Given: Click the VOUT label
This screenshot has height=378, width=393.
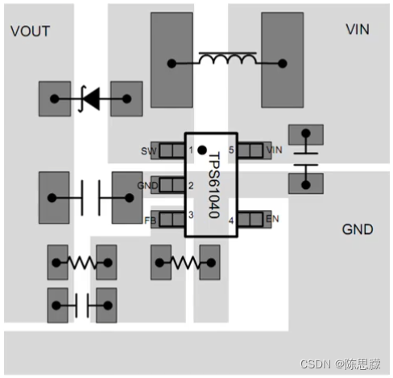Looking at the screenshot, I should click(x=30, y=31).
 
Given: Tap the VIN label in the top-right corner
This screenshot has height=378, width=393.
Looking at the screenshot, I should click(x=358, y=30).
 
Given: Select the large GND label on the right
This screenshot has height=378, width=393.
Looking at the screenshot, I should click(x=358, y=229).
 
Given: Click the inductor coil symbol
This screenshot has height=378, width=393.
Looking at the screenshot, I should click(x=227, y=60).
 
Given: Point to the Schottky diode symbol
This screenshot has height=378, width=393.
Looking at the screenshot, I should click(x=89, y=99).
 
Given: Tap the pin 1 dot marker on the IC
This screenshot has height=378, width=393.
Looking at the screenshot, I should click(x=201, y=150).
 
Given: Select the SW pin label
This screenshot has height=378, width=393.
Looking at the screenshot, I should click(x=148, y=150).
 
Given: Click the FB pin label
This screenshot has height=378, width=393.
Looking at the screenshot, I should click(x=149, y=219).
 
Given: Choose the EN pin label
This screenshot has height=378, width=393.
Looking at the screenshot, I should click(x=273, y=219).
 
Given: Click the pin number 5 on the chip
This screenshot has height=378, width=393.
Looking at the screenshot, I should click(x=230, y=150).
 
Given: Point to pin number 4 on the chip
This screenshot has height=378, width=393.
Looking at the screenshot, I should click(x=230, y=220).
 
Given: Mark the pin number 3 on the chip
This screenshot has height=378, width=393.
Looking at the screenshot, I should click(x=191, y=215).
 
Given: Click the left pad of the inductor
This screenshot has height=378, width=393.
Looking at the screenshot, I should click(x=172, y=62).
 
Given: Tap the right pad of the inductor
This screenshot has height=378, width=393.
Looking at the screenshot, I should click(x=283, y=62).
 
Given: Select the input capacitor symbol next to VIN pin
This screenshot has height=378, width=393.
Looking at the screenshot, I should click(x=305, y=159).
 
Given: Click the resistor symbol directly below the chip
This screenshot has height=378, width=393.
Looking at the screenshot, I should click(x=186, y=261).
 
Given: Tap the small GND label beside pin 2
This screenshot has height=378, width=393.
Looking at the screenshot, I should click(x=147, y=185).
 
